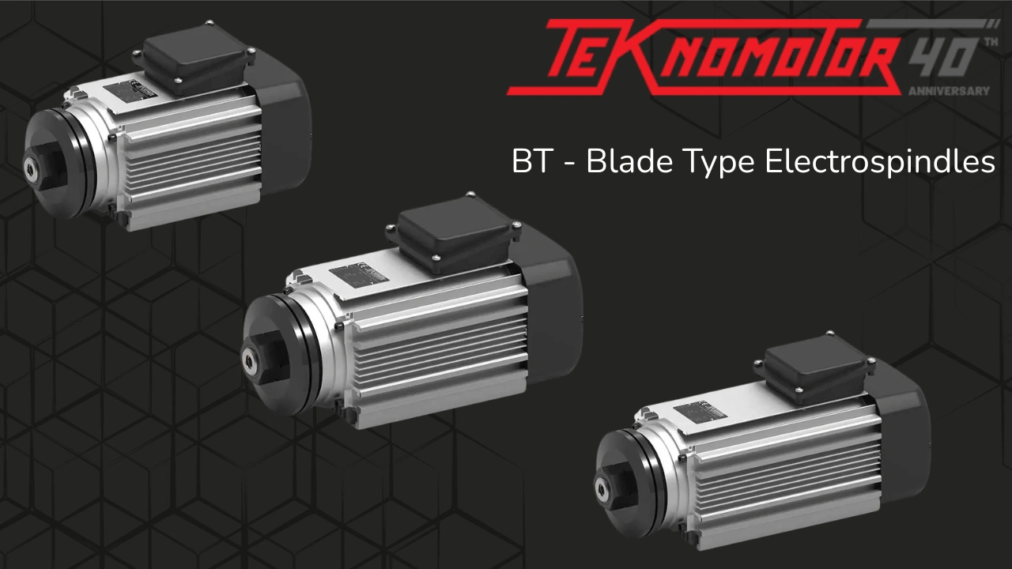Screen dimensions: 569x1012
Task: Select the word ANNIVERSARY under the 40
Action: [x=949, y=91]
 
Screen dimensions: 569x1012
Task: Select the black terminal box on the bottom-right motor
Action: [x=814, y=367]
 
